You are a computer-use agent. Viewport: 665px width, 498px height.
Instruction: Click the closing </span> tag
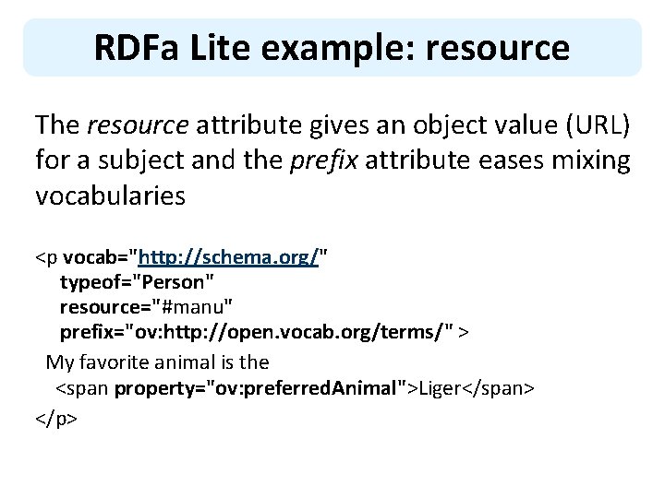pyautogui.click(x=499, y=388)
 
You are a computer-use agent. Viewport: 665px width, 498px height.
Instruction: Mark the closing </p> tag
pyautogui.click(x=56, y=415)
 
